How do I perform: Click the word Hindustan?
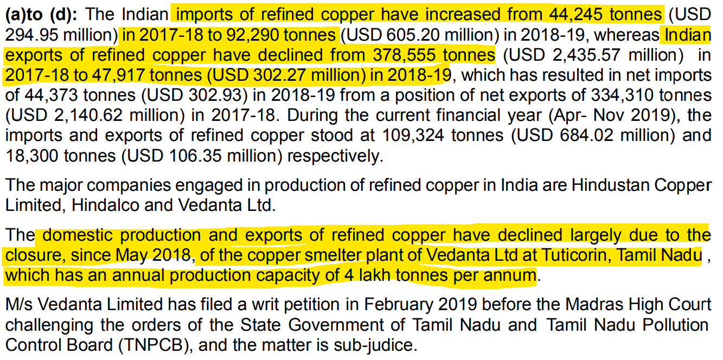[x=604, y=185]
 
